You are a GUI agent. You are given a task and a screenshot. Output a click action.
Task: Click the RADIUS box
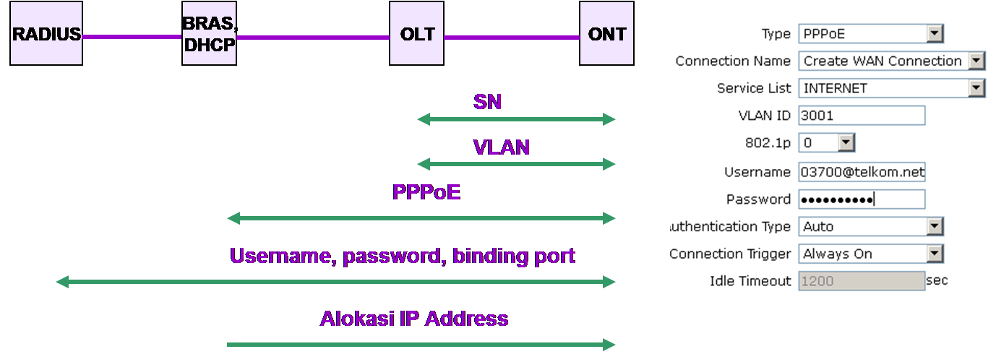coord(46,33)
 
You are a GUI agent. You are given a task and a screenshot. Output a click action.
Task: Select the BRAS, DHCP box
coord(209,33)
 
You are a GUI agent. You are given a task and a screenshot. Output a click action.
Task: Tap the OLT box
coord(416,33)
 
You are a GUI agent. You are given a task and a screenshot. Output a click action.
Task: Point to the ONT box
coord(606,33)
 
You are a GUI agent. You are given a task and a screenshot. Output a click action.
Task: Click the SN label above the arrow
coord(487,102)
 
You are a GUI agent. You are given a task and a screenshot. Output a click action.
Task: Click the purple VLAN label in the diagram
coord(501,147)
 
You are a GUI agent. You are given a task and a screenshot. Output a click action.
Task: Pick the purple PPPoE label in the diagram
coord(426,192)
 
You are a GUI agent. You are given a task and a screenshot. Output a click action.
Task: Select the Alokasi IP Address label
coord(414,319)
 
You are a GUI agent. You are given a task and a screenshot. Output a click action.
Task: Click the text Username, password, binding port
coord(403,257)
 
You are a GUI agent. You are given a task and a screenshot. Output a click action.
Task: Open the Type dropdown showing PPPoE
coord(871,34)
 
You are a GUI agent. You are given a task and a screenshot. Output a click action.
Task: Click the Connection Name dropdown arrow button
coord(976,61)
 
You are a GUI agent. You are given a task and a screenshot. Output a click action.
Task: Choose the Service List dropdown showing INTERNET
coord(891,88)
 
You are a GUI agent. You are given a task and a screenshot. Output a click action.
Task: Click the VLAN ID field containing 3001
coord(862,116)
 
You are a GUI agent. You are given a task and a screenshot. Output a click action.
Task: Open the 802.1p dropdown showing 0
coord(827,143)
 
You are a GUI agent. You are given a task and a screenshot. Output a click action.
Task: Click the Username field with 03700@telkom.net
coord(862,172)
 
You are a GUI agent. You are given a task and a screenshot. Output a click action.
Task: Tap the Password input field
coord(862,199)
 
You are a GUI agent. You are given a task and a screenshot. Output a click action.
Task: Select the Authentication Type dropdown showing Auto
coord(871,227)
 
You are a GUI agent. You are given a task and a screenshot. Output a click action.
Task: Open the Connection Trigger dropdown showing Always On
coord(871,254)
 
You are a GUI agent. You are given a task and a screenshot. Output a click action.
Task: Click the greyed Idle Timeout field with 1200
coord(862,281)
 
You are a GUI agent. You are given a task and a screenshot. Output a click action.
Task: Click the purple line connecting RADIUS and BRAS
coord(132,37)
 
